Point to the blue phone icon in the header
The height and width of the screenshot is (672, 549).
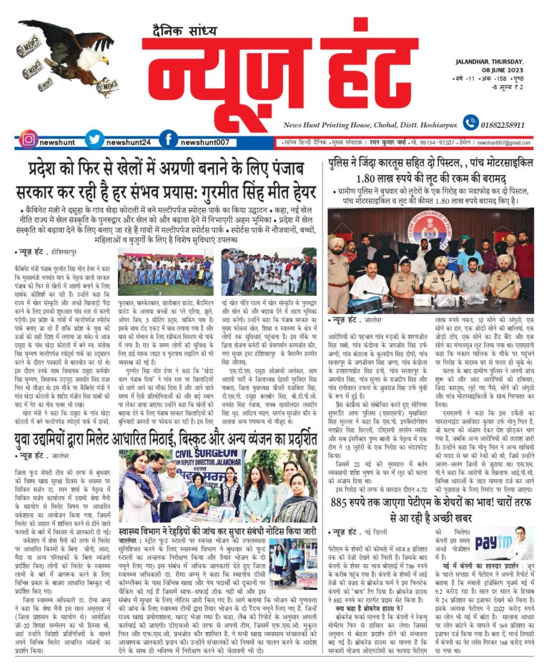463,124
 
